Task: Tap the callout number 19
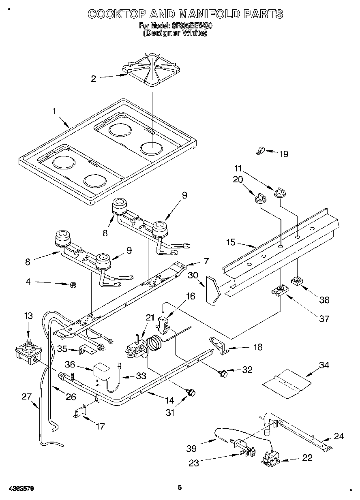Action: (284, 154)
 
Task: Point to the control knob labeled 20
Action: (259, 199)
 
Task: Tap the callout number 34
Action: (324, 365)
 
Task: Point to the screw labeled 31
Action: (191, 392)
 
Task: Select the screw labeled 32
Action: (222, 373)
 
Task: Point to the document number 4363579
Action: (19, 489)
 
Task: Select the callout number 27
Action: (26, 397)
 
